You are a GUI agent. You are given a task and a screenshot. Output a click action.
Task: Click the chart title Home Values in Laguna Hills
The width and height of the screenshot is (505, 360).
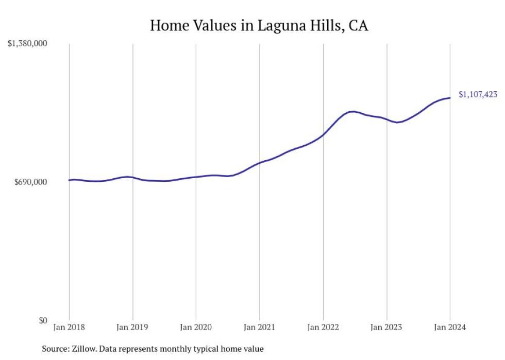pos(259,25)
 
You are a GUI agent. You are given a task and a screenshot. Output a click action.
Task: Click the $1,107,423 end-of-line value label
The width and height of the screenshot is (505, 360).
pos(478,94)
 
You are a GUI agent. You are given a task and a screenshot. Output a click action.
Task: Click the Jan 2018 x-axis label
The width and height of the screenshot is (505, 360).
pos(69,328)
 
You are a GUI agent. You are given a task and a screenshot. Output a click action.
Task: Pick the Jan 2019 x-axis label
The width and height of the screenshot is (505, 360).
pos(132,328)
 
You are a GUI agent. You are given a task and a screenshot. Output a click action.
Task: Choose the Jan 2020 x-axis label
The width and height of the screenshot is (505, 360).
pos(196,328)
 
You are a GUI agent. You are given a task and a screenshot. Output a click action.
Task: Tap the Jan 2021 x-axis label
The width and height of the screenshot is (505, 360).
pos(259,328)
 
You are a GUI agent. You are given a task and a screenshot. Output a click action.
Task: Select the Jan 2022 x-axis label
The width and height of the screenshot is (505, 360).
pos(323,328)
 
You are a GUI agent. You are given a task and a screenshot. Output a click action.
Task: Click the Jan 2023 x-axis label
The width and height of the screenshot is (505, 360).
pos(386,328)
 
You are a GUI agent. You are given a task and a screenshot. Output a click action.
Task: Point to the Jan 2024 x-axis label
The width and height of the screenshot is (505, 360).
pos(450,328)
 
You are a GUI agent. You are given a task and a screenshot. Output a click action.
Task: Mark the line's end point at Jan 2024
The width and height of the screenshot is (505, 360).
pos(450,98)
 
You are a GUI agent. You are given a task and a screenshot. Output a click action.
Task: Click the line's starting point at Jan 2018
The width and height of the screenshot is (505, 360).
pos(69,180)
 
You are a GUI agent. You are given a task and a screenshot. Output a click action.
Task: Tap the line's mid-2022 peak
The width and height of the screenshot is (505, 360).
pos(352,111)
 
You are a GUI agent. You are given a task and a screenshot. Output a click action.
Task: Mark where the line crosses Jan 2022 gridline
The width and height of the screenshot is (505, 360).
pos(323,135)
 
